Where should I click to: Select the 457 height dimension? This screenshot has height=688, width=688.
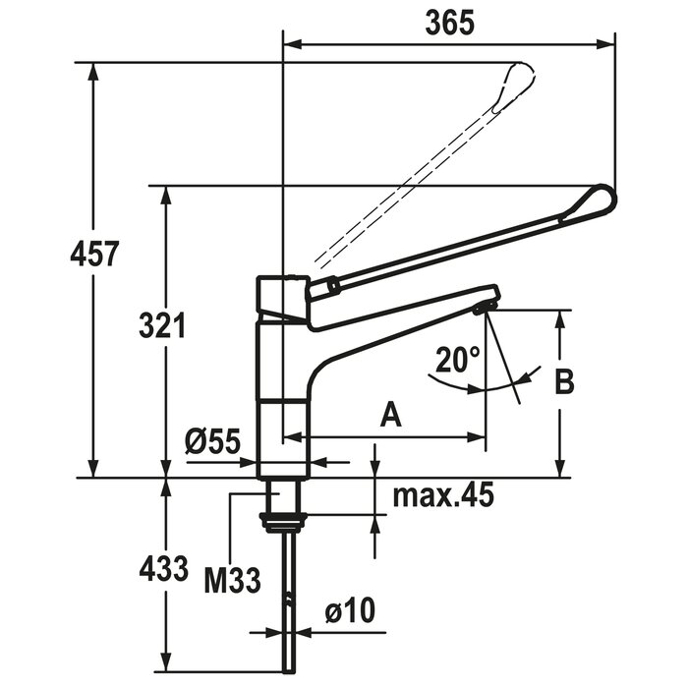94,254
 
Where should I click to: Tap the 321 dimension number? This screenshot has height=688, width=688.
162,325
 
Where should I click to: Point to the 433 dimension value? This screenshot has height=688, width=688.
163,568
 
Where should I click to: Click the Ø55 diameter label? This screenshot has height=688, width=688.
213,441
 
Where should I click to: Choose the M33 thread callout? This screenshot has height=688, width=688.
233,581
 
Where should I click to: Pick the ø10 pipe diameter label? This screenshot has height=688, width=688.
350,610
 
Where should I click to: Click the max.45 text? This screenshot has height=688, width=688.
443,494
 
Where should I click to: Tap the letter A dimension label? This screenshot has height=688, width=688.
390,415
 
